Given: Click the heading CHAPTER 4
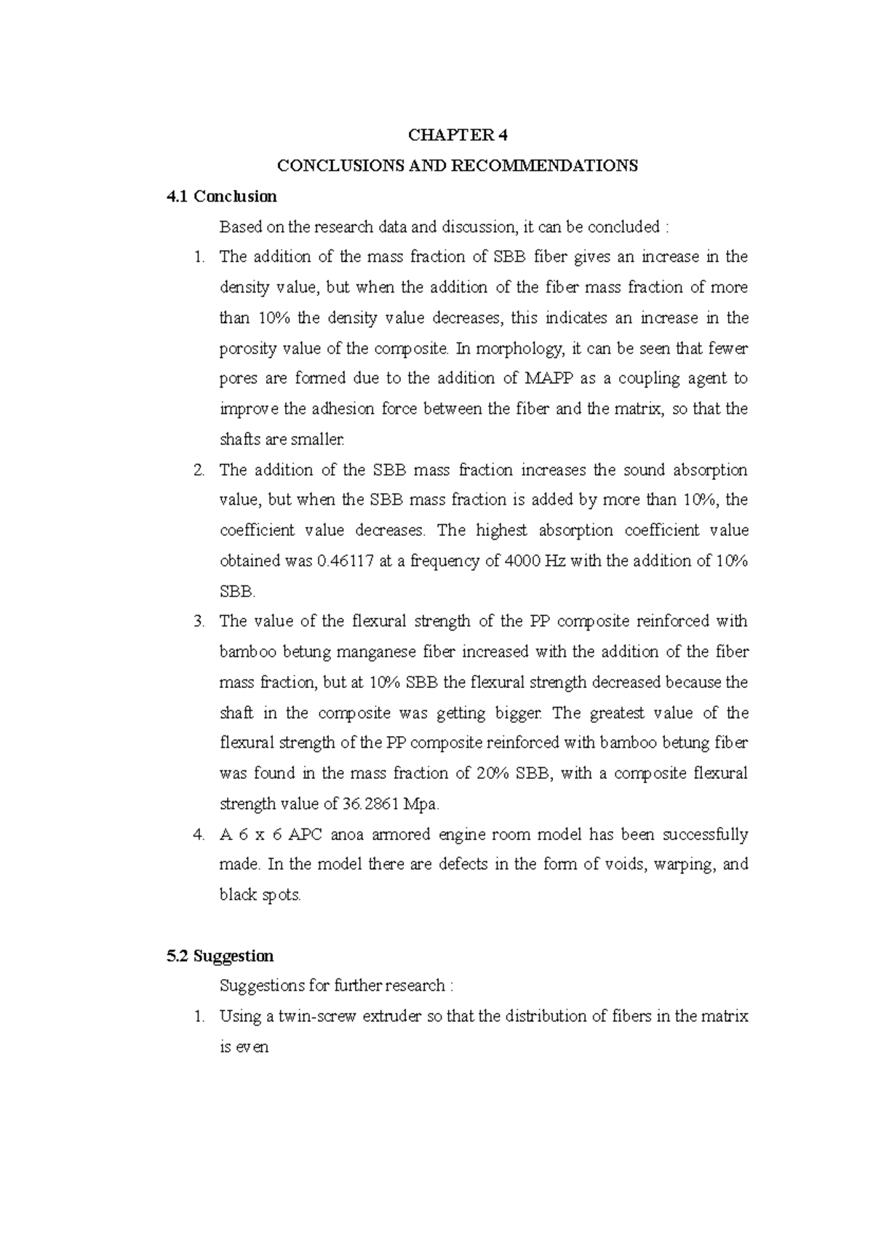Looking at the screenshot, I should [458, 135].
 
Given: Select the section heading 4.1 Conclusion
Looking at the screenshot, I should [222, 196].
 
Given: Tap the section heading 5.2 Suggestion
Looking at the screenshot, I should [220, 956].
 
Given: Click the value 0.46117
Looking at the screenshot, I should [348, 561].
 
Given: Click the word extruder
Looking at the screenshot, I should [391, 1017].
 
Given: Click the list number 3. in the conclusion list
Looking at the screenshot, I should [200, 622].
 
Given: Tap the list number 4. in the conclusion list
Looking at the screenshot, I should [200, 835].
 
